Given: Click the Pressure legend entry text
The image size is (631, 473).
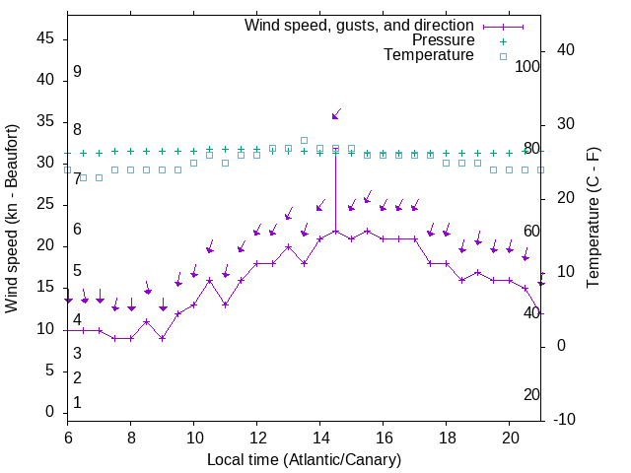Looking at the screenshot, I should pyautogui.click(x=443, y=40).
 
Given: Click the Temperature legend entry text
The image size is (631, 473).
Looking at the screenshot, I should pyautogui.click(x=429, y=55).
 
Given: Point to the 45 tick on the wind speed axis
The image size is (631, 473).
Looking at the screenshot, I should pyautogui.click(x=45, y=38).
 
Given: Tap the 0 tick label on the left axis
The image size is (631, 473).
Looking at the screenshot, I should pyautogui.click(x=50, y=412).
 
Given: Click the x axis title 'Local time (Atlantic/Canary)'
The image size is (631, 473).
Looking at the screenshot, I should pyautogui.click(x=305, y=459).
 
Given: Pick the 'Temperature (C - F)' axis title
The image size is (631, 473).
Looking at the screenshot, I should pyautogui.click(x=593, y=218).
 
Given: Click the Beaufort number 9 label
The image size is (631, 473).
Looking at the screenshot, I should pyautogui.click(x=77, y=72).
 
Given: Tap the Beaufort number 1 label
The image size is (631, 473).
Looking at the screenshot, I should pyautogui.click(x=77, y=402).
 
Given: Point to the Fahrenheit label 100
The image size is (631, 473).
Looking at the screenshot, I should pyautogui.click(x=528, y=66).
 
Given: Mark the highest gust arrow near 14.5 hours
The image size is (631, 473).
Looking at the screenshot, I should pyautogui.click(x=335, y=115).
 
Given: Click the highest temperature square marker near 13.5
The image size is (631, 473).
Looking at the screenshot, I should pyautogui.click(x=304, y=140).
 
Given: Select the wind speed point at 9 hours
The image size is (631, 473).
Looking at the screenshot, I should pyautogui.click(x=163, y=338).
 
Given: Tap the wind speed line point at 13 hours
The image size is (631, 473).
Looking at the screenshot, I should pyautogui.click(x=288, y=246).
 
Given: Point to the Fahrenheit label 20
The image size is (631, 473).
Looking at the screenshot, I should pyautogui.click(x=531, y=394).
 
